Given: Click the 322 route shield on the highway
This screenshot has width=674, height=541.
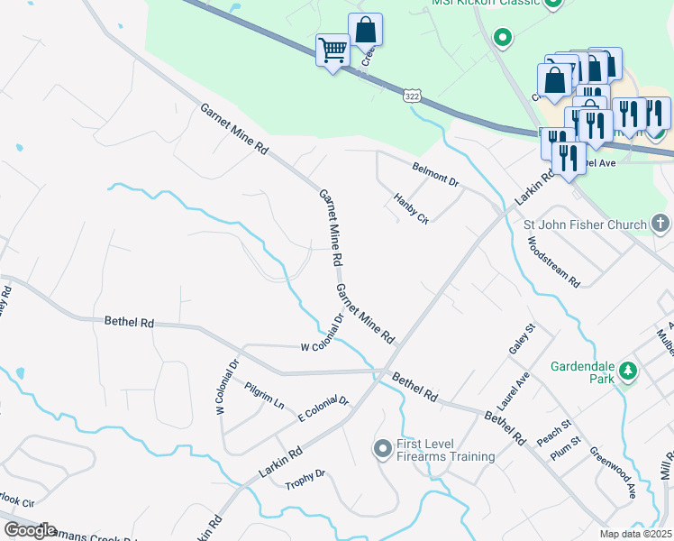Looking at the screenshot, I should pos(411,95).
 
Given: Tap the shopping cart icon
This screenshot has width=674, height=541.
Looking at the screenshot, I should pos(332,50).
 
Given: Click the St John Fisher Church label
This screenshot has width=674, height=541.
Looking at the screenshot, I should pos(585,225).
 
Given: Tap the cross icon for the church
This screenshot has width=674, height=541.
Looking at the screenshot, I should pos(660,224).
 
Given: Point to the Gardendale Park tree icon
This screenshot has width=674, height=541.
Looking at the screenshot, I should pos(630,370).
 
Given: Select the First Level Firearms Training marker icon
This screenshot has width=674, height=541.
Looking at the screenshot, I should pos(382,448).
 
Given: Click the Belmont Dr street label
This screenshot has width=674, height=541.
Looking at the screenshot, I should pos(436,175).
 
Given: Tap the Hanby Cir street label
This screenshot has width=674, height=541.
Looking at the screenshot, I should pos(411,208).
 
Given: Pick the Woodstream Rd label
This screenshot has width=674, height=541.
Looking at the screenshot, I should pos(553,262).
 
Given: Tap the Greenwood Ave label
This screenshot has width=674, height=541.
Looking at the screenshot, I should pos(614,473).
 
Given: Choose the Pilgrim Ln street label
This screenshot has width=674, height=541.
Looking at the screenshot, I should pos(264,393).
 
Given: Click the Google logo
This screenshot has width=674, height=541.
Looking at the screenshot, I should pos(30,530).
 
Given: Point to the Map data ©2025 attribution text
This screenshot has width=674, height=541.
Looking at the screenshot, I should pos(635,534).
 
